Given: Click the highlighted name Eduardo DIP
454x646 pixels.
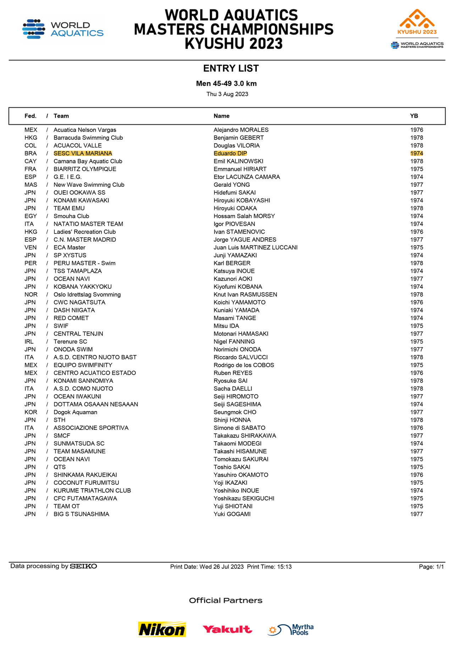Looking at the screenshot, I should point(230,153).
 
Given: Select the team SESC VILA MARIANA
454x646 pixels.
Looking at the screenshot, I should point(83,153).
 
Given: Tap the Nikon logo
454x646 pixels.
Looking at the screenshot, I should point(162,629).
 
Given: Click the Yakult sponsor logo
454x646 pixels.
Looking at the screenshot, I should point(227,629).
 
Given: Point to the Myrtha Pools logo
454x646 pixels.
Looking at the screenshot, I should point(290,630).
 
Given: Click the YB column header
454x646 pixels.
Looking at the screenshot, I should point(414,116).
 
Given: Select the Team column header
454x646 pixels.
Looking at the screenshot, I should point(61,116).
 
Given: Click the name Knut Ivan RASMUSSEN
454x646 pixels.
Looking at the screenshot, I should point(245,294).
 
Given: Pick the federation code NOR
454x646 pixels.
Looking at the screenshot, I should point(31,294).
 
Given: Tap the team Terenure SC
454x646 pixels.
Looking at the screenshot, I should point(70,342).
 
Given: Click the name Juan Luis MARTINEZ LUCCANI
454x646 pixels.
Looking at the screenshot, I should point(255,247).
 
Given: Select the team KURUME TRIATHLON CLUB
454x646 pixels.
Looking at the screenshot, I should point(92,490).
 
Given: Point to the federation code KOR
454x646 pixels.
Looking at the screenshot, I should point(31,412).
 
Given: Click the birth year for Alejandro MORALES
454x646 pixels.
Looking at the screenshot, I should point(416,130).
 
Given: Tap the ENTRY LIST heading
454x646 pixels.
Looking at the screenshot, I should point(231,68).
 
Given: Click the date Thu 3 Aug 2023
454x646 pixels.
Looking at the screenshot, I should point(227,94).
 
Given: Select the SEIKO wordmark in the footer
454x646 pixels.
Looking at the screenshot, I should point(83,566).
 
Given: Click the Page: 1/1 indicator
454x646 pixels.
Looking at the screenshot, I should point(431,567).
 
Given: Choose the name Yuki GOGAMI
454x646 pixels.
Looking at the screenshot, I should point(232,514).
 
